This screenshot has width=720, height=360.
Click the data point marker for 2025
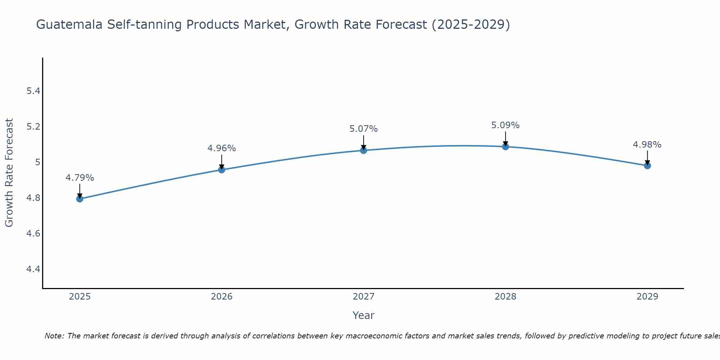(80, 199)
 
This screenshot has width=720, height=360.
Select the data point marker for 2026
(222, 170)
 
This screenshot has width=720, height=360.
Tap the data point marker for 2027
(364, 150)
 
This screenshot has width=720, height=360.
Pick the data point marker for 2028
(505, 147)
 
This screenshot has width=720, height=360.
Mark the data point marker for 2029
(647, 166)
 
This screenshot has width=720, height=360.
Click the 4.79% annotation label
(80, 178)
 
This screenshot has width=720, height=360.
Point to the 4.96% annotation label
(222, 148)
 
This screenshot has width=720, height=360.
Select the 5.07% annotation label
(364, 129)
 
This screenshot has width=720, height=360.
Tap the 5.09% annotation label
(505, 125)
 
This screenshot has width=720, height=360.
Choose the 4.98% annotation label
(647, 145)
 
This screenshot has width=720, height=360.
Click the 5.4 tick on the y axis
(33, 91)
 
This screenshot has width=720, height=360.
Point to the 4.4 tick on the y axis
(33, 269)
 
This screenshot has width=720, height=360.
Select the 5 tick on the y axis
(37, 162)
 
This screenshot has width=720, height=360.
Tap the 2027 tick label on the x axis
(364, 297)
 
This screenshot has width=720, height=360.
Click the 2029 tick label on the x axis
(647, 297)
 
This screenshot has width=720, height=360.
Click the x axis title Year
(364, 315)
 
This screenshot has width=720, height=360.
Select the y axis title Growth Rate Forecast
(9, 173)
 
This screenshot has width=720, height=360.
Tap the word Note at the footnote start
(54, 336)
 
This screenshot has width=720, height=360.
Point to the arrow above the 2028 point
(505, 139)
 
